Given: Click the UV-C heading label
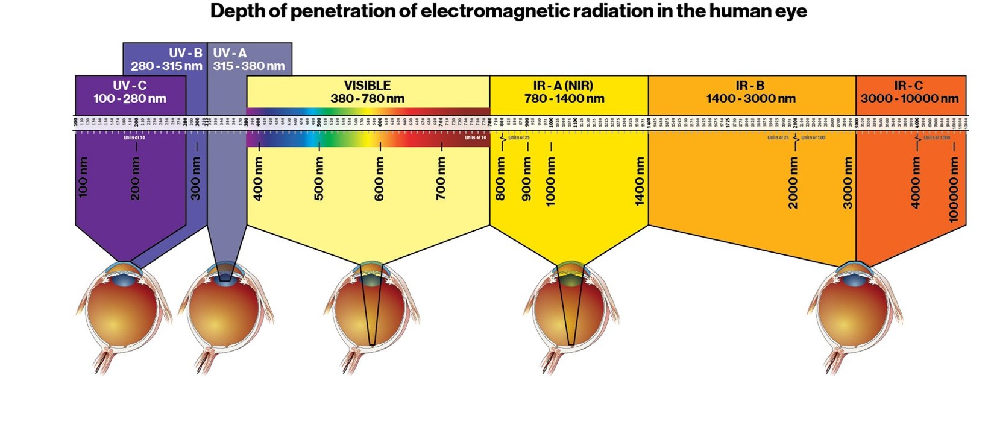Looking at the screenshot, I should (130, 86).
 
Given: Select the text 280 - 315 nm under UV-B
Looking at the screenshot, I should (166, 66).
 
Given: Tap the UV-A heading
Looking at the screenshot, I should (230, 53).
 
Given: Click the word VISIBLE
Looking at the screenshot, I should (367, 86).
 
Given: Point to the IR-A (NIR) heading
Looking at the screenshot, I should (563, 86).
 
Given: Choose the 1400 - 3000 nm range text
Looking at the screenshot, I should (750, 98).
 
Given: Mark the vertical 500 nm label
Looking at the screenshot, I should (319, 179).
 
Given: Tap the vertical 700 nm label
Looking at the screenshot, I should (441, 179).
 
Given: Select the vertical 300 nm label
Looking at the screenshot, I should (196, 179).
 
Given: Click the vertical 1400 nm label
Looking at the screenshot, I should (640, 181).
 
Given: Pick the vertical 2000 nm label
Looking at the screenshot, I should (793, 183).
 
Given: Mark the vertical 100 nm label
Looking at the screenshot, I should (83, 177).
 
